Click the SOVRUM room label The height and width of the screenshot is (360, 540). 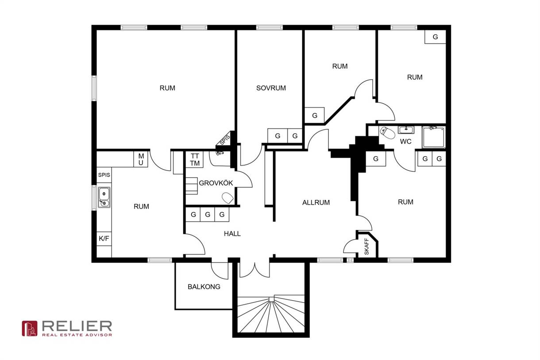point(271,88)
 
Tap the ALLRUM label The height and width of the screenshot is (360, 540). point(316,202)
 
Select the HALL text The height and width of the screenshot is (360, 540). point(232,233)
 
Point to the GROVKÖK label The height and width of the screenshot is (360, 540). point(216,183)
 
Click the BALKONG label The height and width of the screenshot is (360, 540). point(204,286)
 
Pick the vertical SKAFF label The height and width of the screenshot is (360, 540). point(366,247)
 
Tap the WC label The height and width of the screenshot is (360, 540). point(406,142)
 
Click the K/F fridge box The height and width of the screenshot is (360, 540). point(104,239)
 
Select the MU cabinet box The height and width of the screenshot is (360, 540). point(141,159)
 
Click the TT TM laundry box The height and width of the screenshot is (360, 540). point(195,159)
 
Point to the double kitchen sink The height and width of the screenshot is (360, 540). point(104,197)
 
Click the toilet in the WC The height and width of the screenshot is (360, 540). point(387,132)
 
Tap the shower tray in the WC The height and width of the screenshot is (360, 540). point(434,137)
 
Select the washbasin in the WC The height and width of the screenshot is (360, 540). point(406,130)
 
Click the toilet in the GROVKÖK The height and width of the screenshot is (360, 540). point(228,198)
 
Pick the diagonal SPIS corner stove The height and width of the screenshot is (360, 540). point(225,140)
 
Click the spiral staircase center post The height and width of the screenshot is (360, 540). point(271,299)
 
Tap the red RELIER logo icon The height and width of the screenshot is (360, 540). point(29,329)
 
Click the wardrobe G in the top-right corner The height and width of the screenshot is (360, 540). point(435,37)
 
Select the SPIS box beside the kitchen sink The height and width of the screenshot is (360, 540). point(104,175)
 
